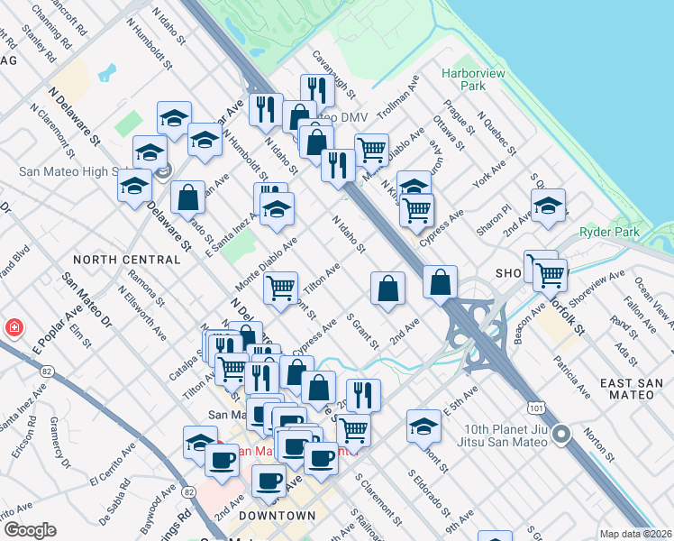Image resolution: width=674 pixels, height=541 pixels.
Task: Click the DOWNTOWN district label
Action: [x=278, y=516]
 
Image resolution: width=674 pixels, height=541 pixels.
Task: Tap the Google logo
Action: [x=30, y=530]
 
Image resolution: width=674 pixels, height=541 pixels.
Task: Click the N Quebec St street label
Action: [x=496, y=135]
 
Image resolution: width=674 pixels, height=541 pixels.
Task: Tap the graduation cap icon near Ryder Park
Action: [x=548, y=206]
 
